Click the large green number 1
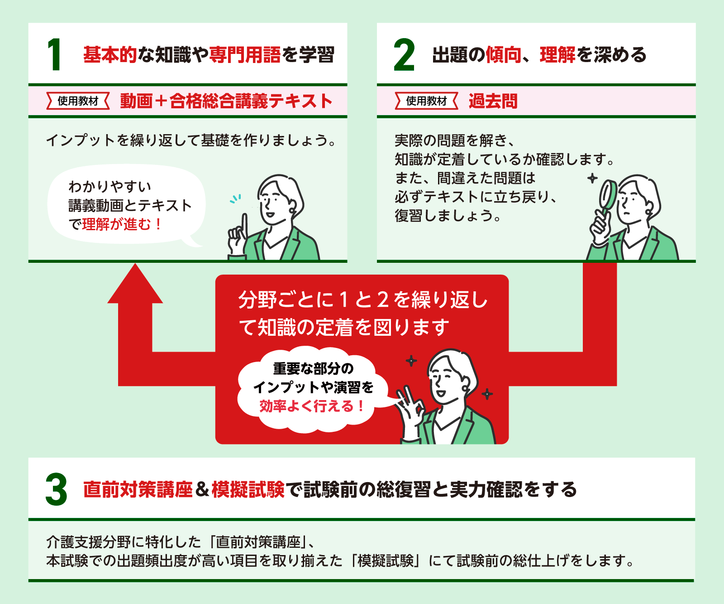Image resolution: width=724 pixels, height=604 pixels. click(54, 55)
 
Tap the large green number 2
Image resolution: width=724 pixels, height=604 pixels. click(404, 55)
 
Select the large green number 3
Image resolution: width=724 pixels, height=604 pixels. click(56, 490)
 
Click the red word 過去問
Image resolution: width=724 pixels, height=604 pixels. click(493, 101)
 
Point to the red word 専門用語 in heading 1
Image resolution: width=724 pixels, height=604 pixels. click(245, 55)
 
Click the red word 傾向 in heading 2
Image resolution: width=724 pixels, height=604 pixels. click(503, 55)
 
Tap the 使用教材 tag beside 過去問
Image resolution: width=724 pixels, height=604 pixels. click(426, 101)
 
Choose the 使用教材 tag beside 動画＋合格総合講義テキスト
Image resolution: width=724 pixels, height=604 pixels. click(78, 101)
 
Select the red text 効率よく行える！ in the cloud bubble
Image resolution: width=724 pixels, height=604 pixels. click(311, 406)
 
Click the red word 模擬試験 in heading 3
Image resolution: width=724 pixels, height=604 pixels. click(248, 490)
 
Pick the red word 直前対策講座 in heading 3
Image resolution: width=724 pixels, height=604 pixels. click(138, 490)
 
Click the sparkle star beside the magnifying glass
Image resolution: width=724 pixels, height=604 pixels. click(592, 178)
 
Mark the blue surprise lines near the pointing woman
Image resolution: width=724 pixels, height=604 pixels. click(235, 198)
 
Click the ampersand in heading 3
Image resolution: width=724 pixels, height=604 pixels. click(202, 490)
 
